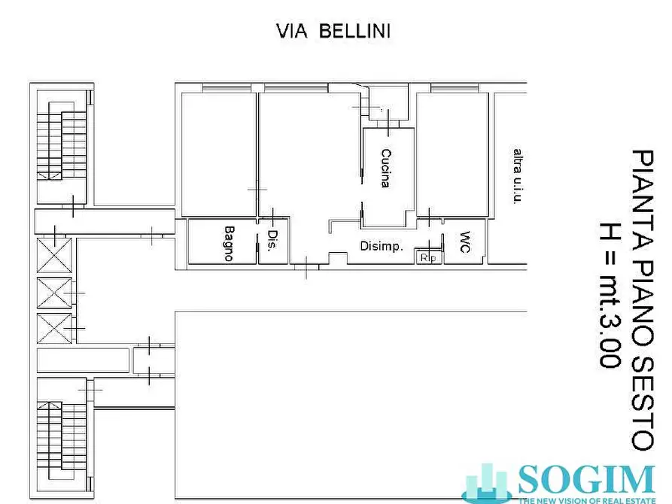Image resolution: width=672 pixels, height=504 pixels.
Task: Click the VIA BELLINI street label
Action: [x=334, y=31]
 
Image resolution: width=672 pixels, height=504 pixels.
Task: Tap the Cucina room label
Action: [x=386, y=168]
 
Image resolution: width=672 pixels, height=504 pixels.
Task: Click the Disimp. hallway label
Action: [x=382, y=246]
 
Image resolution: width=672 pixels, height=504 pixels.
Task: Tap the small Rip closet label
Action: [x=430, y=258]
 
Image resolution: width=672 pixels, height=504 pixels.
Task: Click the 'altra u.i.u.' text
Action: [x=517, y=176]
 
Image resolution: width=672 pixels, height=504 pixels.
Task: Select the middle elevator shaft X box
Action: [x=55, y=292]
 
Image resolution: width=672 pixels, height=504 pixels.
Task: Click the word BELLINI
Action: [x=354, y=31]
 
